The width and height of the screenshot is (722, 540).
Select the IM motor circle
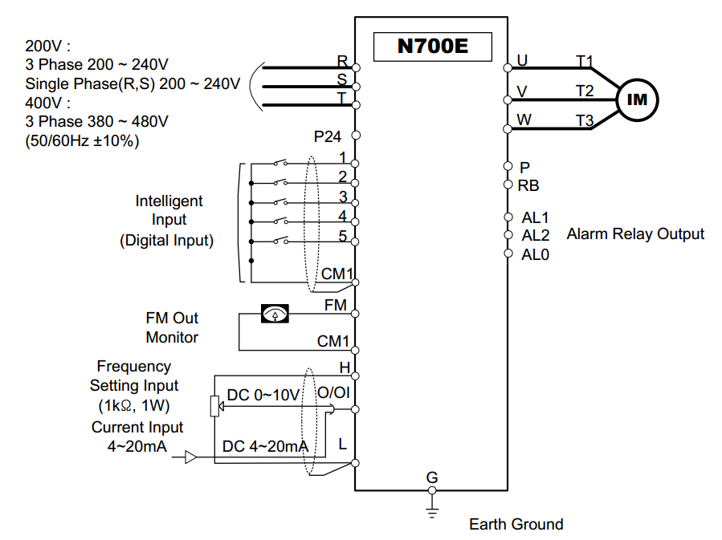[636, 99]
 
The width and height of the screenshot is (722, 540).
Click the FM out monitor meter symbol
[275, 314]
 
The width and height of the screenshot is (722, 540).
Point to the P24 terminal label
[328, 136]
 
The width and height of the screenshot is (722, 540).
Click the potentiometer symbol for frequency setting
[214, 407]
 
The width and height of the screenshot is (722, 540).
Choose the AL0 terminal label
[536, 254]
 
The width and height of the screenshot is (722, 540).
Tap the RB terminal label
[528, 185]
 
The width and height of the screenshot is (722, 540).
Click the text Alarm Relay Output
[635, 234]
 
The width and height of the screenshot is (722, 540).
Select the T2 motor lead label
[584, 91]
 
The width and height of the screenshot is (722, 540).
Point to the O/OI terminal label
[332, 393]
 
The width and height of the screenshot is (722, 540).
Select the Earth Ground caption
[516, 524]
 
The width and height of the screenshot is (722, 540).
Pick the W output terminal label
[524, 120]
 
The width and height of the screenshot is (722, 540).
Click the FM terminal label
[336, 306]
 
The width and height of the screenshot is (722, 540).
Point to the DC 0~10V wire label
[263, 395]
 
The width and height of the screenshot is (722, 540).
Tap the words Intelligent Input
[169, 209]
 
